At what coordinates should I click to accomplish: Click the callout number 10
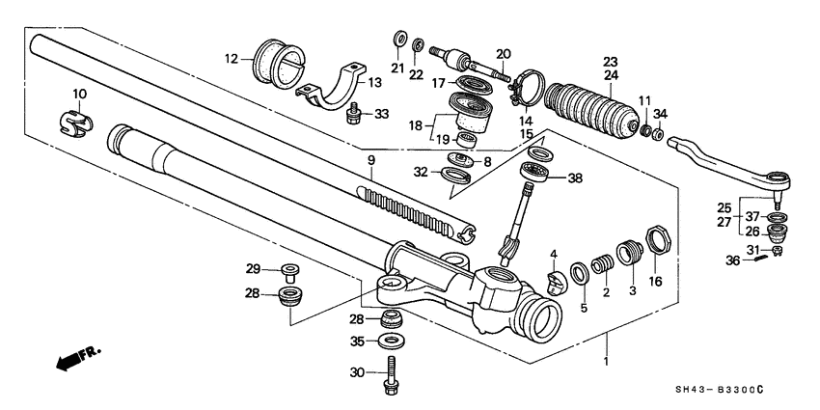79,94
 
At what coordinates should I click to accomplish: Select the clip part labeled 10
74,124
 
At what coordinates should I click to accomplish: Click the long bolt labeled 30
392,377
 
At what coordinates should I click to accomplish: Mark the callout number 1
607,339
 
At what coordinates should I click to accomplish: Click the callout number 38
575,178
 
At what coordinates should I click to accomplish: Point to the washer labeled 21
397,41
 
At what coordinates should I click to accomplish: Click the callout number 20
503,53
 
